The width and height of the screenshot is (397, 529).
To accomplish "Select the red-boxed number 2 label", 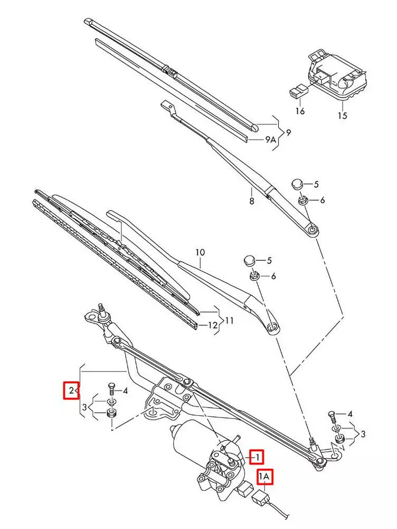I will tap(71, 391).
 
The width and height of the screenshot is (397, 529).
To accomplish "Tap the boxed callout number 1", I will tap(257, 456).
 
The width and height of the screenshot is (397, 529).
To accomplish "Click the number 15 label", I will tap(343, 115).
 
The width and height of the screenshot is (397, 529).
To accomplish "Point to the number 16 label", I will tap(300, 111).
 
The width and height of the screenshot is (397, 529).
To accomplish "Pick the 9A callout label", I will tap(270, 140).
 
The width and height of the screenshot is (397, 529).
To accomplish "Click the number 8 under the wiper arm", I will tap(252, 201).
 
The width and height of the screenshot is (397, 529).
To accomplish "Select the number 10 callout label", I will tap(200, 253).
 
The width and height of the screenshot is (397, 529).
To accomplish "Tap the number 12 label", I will tap(212, 325).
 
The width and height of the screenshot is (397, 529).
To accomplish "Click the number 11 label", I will tap(229, 320).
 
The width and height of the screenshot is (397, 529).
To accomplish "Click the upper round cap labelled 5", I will tap(297, 184).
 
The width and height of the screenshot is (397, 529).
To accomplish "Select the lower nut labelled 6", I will tap(253, 276).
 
